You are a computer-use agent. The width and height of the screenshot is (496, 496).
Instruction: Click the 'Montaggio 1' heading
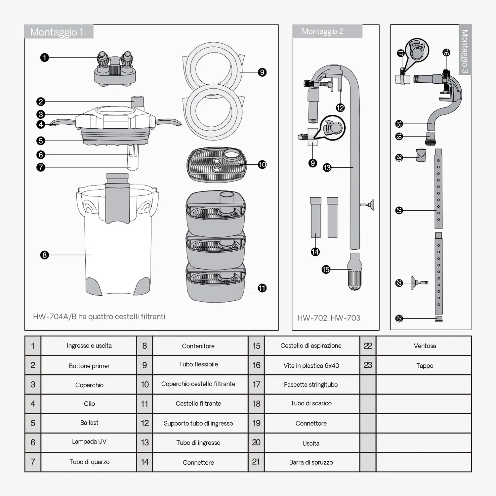pyautogui.click(x=57, y=32)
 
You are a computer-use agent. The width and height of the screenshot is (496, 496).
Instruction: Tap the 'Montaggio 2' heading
pyautogui.click(x=322, y=31)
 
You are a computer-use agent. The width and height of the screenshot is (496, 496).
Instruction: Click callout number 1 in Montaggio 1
pyautogui.click(x=44, y=58)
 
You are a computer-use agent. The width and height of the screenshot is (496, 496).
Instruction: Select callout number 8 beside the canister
pyautogui.click(x=44, y=255)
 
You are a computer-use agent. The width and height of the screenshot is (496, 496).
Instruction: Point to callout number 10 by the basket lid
pyautogui.click(x=262, y=164)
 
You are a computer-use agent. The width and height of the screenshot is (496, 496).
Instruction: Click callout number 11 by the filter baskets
pyautogui.click(x=262, y=288)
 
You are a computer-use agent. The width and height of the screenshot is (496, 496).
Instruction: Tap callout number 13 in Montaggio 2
pyautogui.click(x=327, y=168)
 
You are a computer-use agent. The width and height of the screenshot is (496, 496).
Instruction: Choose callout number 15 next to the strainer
pyautogui.click(x=326, y=269)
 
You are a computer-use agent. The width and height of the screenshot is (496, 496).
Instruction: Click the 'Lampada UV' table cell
pyautogui.click(x=89, y=442)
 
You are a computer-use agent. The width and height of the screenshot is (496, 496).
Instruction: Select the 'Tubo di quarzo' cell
pyautogui.click(x=89, y=462)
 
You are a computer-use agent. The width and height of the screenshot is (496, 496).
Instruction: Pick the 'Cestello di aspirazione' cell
pyautogui.click(x=311, y=346)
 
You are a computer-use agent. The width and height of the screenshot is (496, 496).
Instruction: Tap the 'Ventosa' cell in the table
pyautogui.click(x=425, y=346)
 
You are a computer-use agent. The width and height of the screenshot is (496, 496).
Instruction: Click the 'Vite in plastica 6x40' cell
pyautogui.click(x=311, y=365)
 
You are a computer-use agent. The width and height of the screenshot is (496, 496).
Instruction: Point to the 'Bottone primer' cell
pyautogui.click(x=89, y=366)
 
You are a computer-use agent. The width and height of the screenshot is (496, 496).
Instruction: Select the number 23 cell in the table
pyautogui.click(x=368, y=365)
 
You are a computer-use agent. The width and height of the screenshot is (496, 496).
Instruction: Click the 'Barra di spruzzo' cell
pyautogui.click(x=311, y=462)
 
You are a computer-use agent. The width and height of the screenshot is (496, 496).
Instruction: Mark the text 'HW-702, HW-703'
pyautogui.click(x=329, y=318)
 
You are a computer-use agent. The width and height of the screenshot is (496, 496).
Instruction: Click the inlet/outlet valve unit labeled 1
pyautogui.click(x=115, y=69)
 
